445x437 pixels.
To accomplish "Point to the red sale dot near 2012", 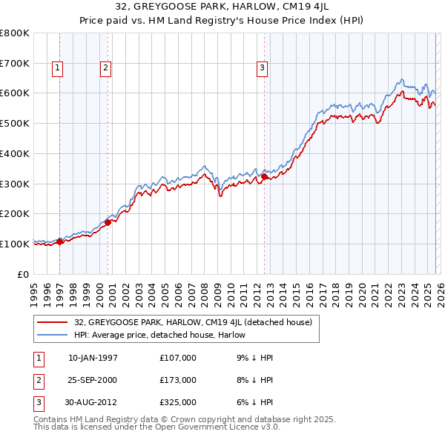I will (x=264, y=176).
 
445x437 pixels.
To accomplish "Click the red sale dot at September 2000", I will (x=108, y=221).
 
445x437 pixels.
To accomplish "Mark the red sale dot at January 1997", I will (x=60, y=241).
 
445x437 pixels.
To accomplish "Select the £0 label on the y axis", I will (x=24, y=274).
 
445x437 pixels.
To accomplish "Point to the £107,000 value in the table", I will (x=177, y=358).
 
